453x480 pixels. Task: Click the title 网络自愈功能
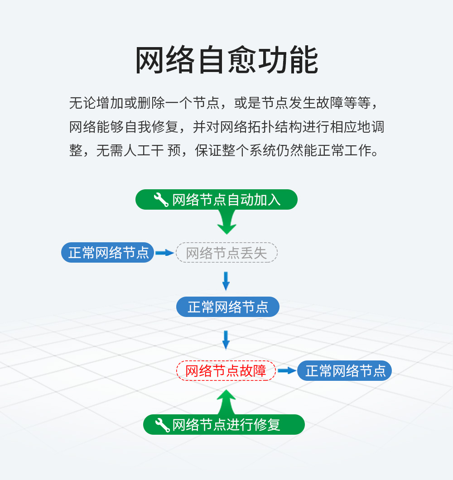[226, 61]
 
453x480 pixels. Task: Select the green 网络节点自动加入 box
[217, 200]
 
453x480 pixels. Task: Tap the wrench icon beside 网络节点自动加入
[161, 199]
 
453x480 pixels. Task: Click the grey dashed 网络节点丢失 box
[226, 253]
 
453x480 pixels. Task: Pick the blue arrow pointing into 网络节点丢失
[165, 253]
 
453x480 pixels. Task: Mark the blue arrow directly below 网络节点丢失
[226, 281]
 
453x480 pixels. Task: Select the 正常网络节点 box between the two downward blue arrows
[228, 307]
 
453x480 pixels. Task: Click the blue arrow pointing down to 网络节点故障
[226, 340]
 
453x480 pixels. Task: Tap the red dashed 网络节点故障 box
[226, 371]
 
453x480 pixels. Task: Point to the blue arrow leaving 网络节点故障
[287, 371]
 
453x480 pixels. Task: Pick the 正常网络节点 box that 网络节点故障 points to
[345, 371]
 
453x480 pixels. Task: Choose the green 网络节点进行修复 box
[224, 425]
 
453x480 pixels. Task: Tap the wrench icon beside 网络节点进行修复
[162, 425]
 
